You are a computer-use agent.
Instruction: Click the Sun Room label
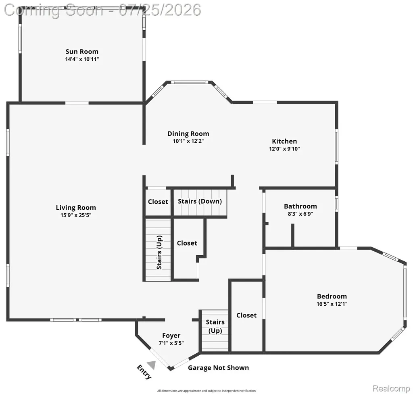click(82, 52)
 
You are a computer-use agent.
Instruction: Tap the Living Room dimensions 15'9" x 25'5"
click(76, 215)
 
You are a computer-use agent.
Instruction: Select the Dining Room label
click(188, 134)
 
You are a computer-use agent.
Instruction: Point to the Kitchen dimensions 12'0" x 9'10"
click(284, 149)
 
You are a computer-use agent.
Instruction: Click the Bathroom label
click(300, 206)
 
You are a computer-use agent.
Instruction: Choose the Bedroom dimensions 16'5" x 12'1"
click(332, 304)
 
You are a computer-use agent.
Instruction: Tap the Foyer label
click(171, 336)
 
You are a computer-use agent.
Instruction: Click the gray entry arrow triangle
click(152, 365)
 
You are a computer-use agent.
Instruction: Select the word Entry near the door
click(144, 372)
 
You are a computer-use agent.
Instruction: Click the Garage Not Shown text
click(218, 368)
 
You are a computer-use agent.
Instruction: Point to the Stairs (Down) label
click(200, 202)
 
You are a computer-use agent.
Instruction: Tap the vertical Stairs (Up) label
click(159, 252)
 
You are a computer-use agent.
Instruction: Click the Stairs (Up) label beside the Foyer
click(215, 326)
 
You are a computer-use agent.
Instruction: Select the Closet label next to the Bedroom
click(246, 315)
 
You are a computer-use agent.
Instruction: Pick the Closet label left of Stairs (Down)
click(158, 202)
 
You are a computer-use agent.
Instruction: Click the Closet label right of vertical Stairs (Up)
click(187, 243)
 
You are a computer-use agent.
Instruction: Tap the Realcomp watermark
click(391, 388)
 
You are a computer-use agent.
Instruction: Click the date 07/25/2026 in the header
click(160, 10)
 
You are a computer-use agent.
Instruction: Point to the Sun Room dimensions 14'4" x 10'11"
click(82, 59)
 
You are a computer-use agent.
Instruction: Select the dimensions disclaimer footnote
click(206, 391)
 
